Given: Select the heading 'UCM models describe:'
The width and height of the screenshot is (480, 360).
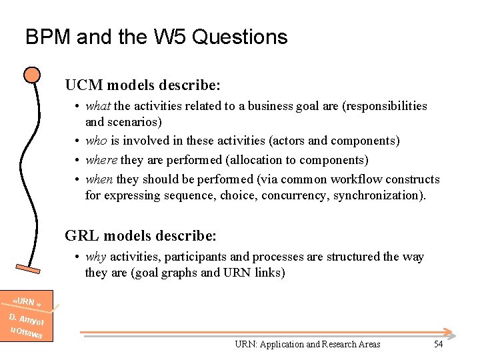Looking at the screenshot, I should (x=143, y=85).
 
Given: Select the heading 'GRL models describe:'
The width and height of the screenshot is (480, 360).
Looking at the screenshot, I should (x=141, y=236).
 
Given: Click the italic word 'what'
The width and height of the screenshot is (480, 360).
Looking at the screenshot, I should (x=99, y=106).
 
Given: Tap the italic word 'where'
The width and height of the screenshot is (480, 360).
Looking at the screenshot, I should (x=101, y=160).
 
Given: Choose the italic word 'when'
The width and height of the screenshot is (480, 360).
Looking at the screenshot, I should (x=100, y=179).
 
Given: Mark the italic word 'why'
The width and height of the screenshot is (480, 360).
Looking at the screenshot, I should (x=96, y=257).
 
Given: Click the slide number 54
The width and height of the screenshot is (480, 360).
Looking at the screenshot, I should (x=438, y=344).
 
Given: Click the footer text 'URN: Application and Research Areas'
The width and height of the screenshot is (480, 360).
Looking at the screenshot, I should (x=307, y=344).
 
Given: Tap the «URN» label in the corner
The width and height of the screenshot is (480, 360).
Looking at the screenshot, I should (x=29, y=303).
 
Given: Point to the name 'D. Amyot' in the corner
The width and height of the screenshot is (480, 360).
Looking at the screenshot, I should (x=27, y=319).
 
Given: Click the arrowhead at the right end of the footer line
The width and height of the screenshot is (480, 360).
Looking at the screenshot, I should (x=451, y=333).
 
